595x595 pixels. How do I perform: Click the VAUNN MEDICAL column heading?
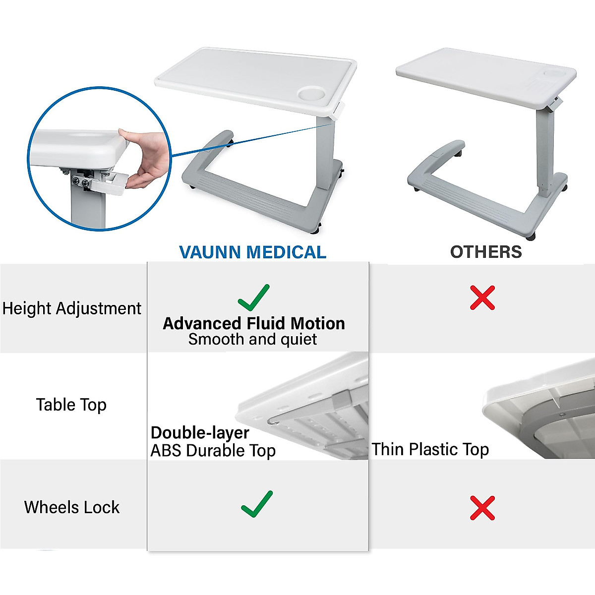pos(252,252)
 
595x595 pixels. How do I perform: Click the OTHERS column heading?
pos(485,252)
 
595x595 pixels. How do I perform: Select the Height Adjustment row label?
pos(72,308)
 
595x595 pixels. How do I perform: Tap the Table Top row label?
pos(71,405)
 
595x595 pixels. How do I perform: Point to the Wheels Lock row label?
pos(72,507)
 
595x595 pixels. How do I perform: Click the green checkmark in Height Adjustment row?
pos(253,297)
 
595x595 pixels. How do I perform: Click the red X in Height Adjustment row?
pos(482,297)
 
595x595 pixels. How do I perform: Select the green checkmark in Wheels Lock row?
pos(257,504)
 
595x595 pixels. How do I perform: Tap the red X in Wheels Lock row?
pos(482,508)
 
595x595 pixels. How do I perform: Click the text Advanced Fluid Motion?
pos(253,323)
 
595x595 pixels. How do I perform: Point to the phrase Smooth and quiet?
pos(252,340)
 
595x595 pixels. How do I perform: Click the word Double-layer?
pos(200,433)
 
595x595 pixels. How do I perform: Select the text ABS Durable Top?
pos(213,451)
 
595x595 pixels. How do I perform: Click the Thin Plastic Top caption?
pos(430,449)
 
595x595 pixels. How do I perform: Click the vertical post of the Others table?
pos(544,149)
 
